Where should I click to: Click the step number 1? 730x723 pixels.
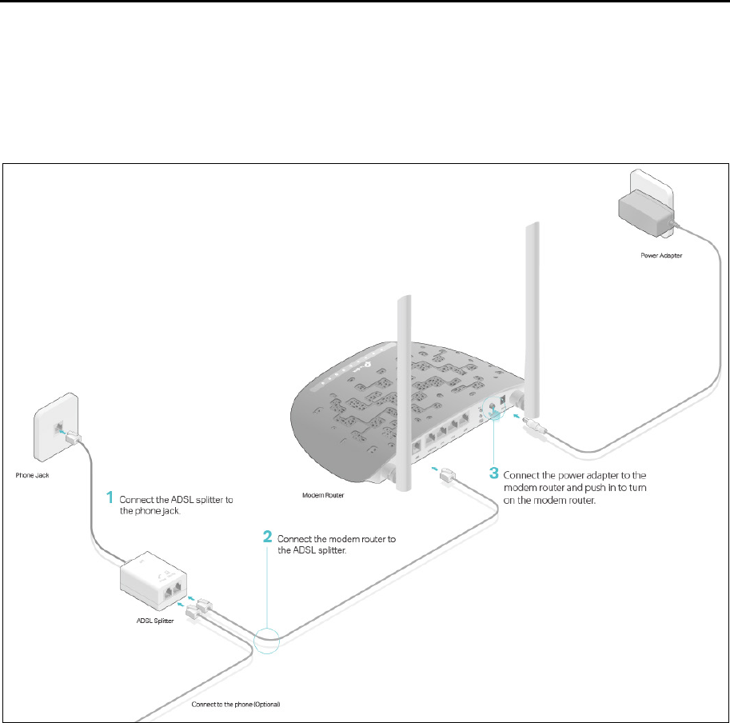pos(110,497)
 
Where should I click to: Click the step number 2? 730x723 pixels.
pos(269,537)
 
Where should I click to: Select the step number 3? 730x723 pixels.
pos(495,472)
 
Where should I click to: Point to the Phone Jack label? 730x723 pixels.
pos(33,474)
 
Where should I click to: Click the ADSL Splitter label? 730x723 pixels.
pos(151,621)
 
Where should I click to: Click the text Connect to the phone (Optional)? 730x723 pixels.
pos(237,705)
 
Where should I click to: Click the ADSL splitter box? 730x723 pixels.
pos(154,583)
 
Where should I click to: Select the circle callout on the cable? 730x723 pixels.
pos(268,641)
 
